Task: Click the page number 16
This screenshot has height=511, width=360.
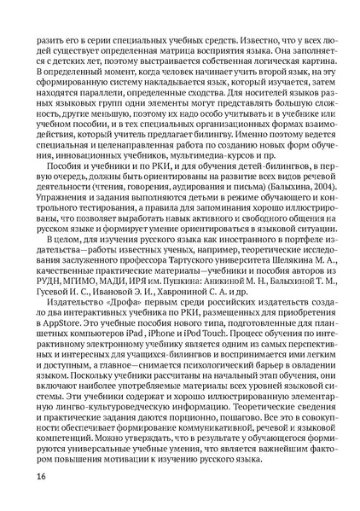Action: point(42,476)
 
